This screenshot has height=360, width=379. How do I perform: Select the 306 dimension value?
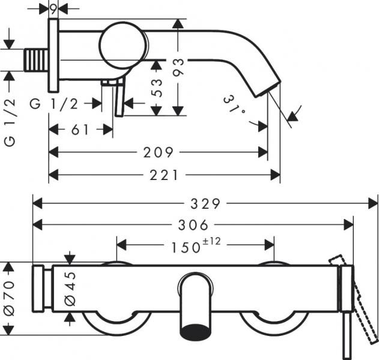pyautogui.click(x=194, y=225)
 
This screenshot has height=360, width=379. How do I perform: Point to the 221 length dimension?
pyautogui.click(x=163, y=175)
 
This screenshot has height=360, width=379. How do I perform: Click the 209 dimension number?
pyautogui.click(x=159, y=152)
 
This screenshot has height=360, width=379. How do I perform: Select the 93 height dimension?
pyautogui.click(x=178, y=67)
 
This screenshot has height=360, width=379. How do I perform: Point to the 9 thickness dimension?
pyautogui.click(x=53, y=8)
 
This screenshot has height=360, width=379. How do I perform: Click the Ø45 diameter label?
pyautogui.click(x=70, y=287)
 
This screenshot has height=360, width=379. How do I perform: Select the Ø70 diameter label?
pyautogui.click(x=8, y=298)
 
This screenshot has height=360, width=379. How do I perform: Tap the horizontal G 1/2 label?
pyautogui.click(x=54, y=103)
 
